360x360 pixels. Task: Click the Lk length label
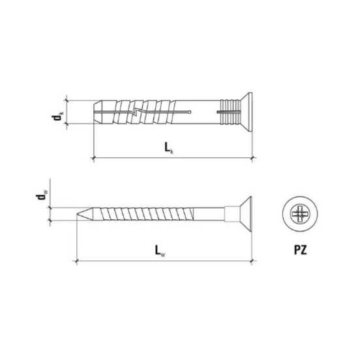click(169, 147)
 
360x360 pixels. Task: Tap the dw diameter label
click(41, 195)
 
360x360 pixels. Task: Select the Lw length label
click(160, 250)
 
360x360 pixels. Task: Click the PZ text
click(300, 250)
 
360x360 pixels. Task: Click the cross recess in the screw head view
click(300, 214)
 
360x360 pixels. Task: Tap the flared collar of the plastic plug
click(247, 112)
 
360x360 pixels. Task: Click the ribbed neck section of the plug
click(230, 112)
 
